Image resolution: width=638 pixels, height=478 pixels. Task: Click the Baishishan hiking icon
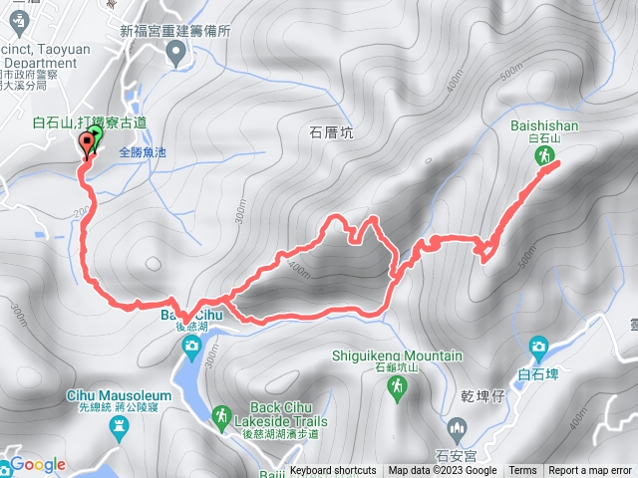[545, 157]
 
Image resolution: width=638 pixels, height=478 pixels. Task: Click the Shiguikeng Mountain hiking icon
[398, 386]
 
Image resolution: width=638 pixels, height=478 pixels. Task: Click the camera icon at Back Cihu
[191, 346]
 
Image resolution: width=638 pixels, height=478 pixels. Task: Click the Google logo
[38, 464]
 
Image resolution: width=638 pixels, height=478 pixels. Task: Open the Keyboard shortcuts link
[333, 471]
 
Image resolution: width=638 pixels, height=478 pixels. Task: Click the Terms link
[522, 471]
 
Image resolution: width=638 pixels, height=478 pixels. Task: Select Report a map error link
[591, 471]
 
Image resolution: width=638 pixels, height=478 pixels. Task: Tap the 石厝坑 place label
[331, 131]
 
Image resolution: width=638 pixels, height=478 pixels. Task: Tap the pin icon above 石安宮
[458, 430]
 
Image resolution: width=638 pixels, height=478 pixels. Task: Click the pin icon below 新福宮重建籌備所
[177, 51]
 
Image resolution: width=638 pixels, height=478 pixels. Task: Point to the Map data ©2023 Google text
[443, 471]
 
